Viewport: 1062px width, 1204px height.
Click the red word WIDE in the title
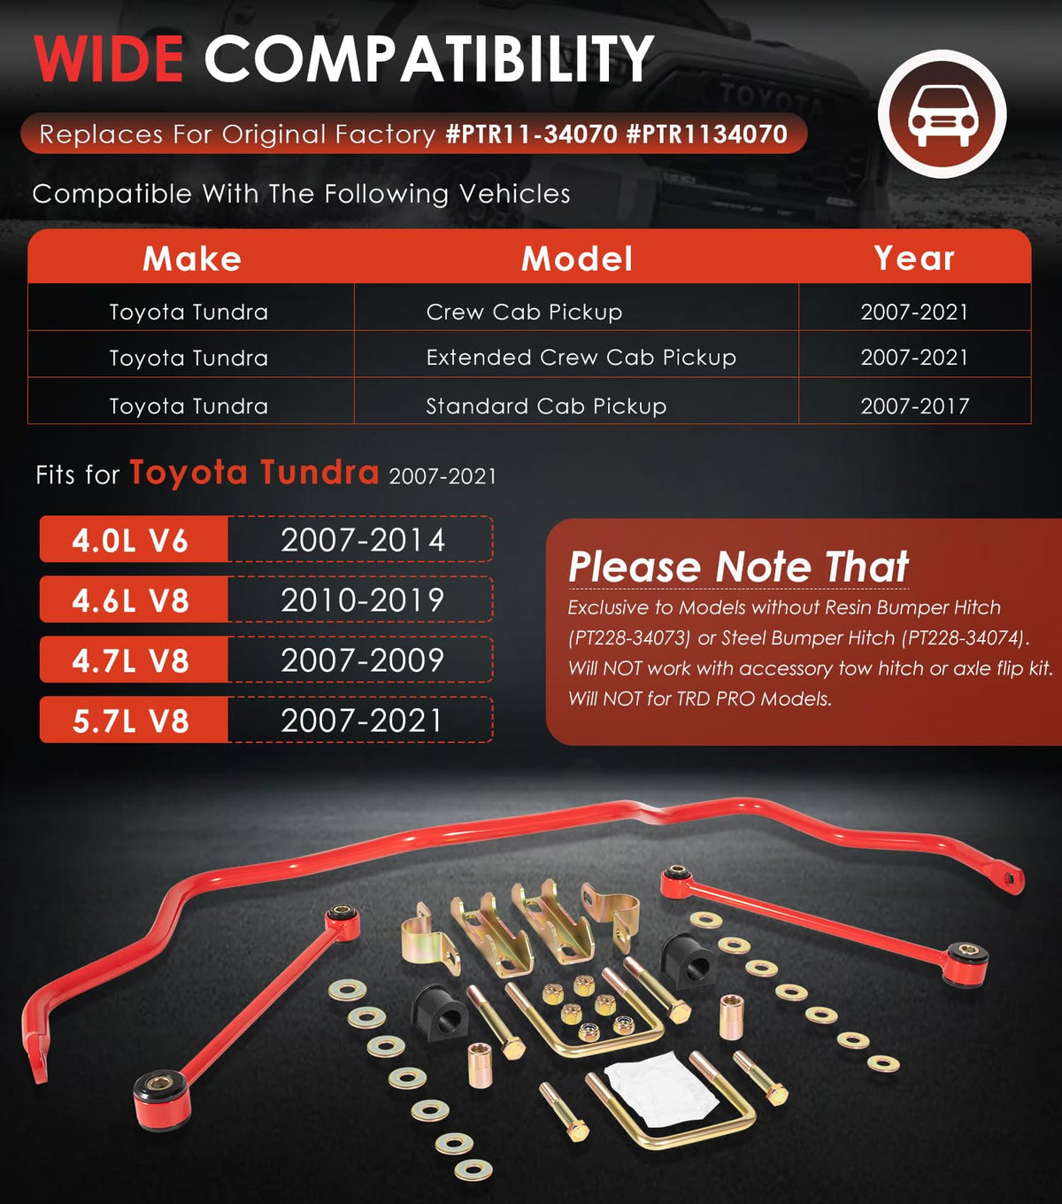[109, 58]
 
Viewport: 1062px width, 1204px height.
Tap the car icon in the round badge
[942, 115]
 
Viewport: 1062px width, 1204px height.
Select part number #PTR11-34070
[531, 134]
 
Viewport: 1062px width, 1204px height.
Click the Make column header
[192, 259]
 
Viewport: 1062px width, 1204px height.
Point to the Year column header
[914, 259]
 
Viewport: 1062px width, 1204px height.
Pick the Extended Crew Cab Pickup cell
[581, 357]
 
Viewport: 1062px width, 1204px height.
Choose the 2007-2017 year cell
[914, 405]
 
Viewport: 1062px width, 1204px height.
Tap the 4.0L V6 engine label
[130, 541]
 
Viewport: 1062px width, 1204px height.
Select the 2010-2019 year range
[363, 600]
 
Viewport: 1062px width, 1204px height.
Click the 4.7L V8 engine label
[130, 660]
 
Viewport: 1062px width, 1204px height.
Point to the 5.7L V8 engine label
[130, 721]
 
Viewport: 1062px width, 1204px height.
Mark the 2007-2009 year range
[363, 660]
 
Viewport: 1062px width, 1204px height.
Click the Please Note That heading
[738, 567]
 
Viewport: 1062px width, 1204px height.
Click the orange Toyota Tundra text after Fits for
[254, 473]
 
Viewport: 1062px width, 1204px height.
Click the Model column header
[576, 259]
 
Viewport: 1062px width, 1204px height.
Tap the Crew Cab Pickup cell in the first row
[524, 312]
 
